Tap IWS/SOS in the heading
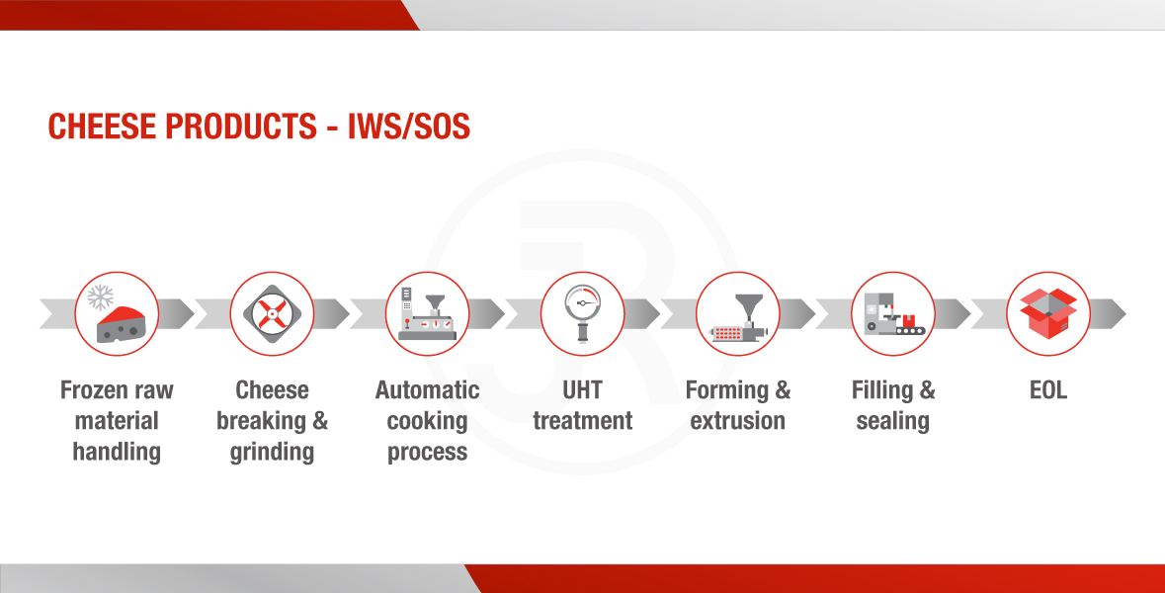(409, 127)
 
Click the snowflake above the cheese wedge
(101, 297)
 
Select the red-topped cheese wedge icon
(126, 325)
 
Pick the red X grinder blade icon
(272, 313)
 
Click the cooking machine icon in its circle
(427, 314)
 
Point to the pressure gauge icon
(583, 313)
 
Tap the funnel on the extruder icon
(748, 306)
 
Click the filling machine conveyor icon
(894, 313)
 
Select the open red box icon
(1048, 313)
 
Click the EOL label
(1048, 390)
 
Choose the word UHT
(583, 390)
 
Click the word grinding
(272, 453)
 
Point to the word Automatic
(427, 390)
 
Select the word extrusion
(738, 421)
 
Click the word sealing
(893, 422)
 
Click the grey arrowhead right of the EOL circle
(1109, 313)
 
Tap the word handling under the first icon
(117, 453)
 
